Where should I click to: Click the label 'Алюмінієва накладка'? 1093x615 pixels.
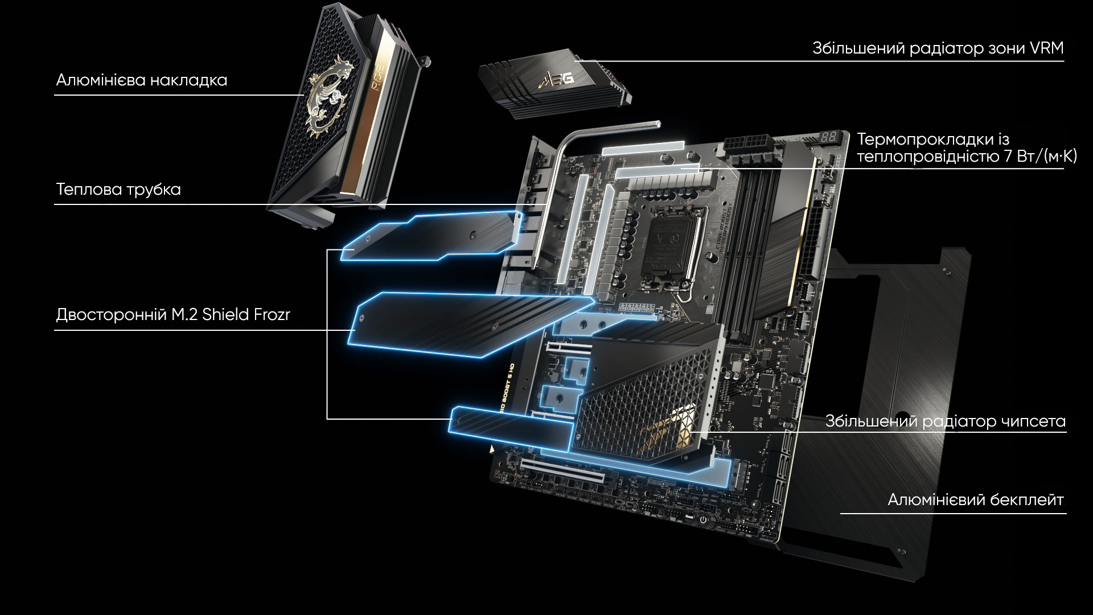tap(142, 80)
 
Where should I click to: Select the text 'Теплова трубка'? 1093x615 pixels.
tap(118, 190)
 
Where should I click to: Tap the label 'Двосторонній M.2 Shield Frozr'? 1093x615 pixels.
tap(173, 315)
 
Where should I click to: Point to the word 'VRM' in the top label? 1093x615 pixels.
tap(1046, 48)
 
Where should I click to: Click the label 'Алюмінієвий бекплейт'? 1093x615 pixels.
tap(976, 500)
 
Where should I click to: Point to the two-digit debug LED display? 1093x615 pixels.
tap(829, 137)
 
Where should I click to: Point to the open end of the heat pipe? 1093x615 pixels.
tap(658, 123)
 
